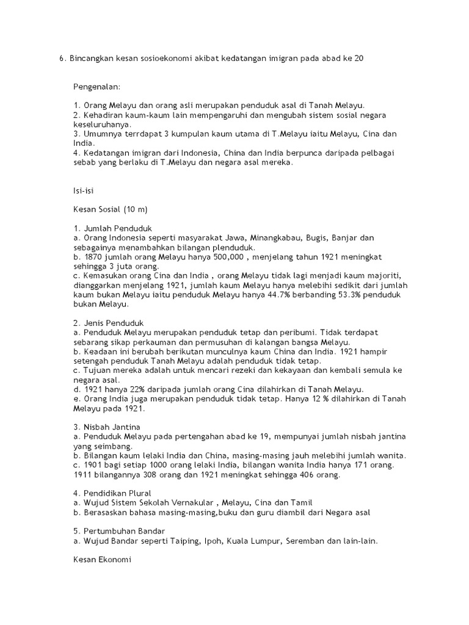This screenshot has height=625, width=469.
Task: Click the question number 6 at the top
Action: click(61, 59)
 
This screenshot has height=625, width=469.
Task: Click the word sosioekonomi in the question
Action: click(153, 59)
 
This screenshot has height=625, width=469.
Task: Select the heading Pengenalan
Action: click(96, 87)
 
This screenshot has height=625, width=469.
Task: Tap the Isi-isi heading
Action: click(84, 191)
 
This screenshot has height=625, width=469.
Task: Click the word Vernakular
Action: click(186, 502)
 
